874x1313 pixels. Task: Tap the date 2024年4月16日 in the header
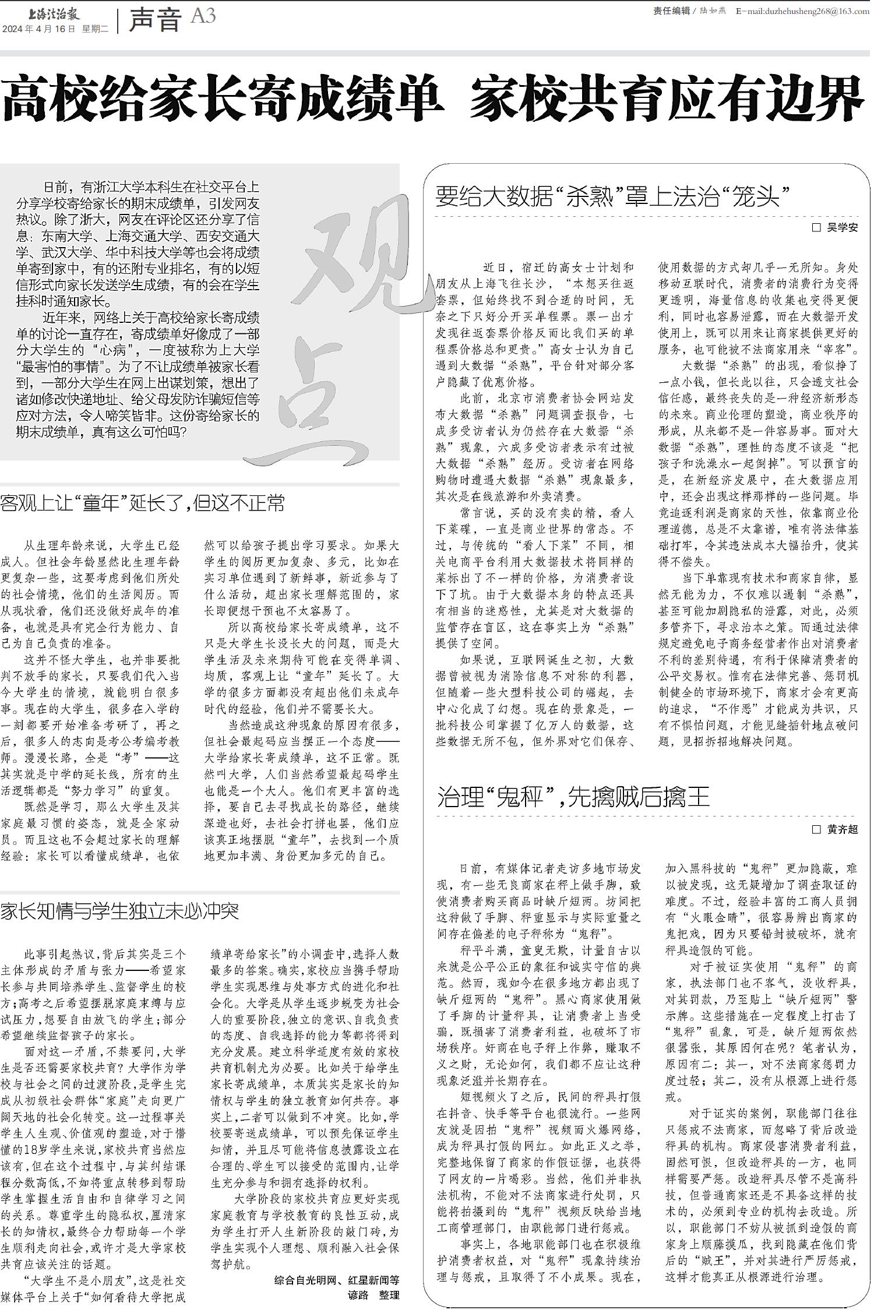[39, 29]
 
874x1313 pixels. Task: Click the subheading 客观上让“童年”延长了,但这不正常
[143, 503]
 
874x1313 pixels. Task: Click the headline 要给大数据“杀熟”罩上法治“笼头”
[612, 196]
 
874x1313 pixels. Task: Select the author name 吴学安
[843, 228]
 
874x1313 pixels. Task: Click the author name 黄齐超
[843, 829]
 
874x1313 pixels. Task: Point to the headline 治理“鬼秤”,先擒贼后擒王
[573, 797]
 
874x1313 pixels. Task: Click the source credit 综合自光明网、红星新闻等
[337, 1281]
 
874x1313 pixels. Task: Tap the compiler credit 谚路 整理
[373, 1295]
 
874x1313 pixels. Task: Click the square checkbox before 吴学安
[817, 228]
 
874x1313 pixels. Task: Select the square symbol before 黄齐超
[817, 829]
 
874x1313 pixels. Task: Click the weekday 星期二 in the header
[95, 29]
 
